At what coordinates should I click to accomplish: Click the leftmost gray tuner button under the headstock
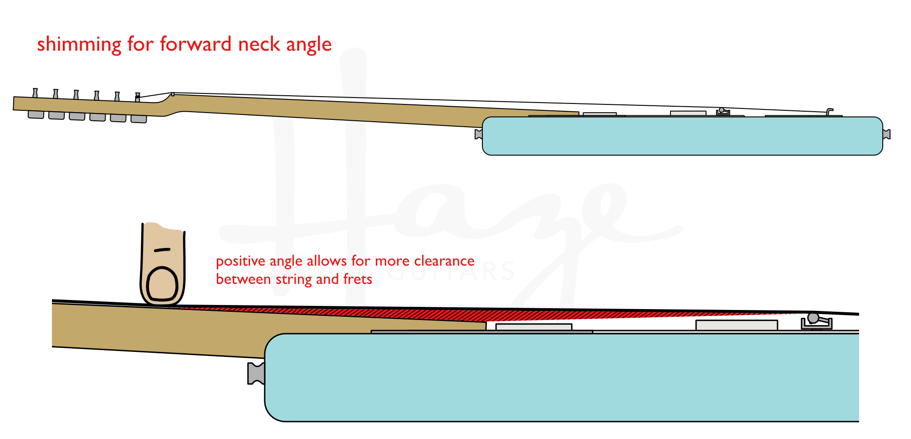point(36,114)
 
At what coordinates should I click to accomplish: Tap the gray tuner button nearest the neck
point(138,119)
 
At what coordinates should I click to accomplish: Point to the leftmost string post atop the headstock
point(35,93)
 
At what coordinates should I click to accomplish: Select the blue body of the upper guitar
point(682,136)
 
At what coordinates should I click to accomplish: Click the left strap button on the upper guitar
point(479,134)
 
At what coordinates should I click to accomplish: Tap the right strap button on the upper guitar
point(886,134)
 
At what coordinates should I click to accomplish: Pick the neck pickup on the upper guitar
point(599,114)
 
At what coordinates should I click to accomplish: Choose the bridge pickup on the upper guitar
point(688,113)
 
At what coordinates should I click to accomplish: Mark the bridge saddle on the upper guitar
point(722,111)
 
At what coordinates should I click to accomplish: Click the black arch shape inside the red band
point(351,71)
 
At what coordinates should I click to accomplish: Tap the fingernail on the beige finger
point(163,284)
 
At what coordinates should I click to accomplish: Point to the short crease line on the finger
point(162,250)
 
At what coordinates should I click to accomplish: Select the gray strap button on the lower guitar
point(256,373)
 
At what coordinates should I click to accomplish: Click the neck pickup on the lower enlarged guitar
point(533,327)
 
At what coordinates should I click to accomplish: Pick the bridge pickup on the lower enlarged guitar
point(736,325)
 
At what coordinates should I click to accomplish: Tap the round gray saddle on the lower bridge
point(813,318)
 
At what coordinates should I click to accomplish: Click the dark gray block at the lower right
point(885,377)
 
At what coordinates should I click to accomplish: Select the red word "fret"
point(358,279)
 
